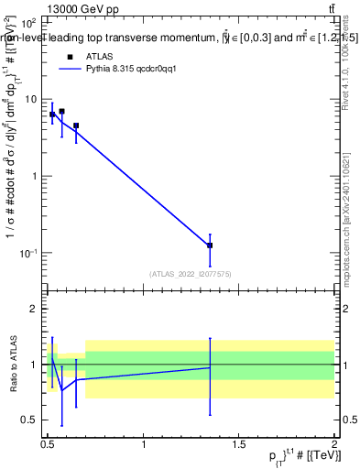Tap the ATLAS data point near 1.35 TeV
[x=210, y=245]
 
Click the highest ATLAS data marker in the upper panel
[x=61, y=112]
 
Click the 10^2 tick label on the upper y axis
[x=29, y=21]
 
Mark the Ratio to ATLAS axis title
[x=12, y=364]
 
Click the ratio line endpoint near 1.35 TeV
[x=210, y=367]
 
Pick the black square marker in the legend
[x=70, y=57]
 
